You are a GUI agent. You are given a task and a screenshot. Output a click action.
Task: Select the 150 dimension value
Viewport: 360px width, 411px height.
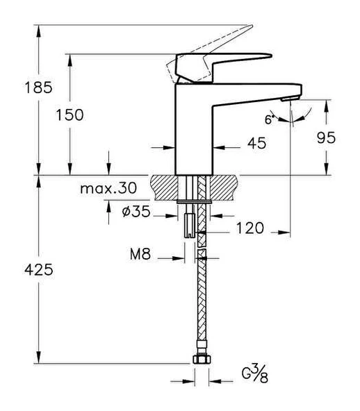90,115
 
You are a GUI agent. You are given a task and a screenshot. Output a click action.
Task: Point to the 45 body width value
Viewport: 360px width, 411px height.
237,143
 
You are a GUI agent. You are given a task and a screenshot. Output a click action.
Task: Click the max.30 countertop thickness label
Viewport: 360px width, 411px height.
108,188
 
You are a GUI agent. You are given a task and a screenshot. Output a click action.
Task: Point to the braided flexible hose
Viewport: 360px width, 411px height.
202,299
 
